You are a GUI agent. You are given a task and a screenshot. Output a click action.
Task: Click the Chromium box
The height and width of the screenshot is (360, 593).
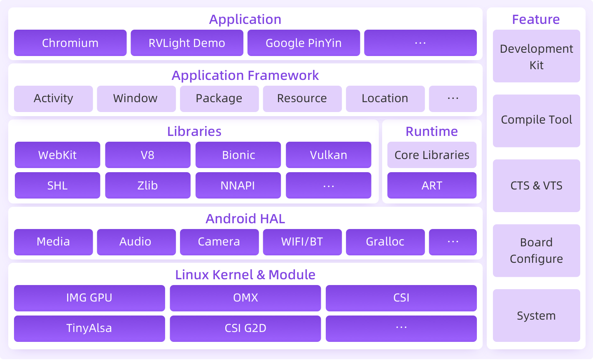pos(70,43)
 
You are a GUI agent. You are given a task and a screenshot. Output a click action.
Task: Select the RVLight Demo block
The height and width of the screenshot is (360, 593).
pos(187,43)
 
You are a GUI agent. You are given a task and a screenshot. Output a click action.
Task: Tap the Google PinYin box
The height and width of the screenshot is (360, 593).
pos(304,43)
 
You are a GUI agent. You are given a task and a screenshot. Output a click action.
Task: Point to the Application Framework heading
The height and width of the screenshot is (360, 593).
pos(245,75)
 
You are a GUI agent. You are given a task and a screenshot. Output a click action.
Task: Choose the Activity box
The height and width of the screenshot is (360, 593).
pos(54,98)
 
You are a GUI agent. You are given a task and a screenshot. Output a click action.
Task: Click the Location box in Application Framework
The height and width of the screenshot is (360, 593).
pos(385,98)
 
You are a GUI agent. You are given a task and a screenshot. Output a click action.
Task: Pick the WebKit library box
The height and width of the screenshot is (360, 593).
pos(57,155)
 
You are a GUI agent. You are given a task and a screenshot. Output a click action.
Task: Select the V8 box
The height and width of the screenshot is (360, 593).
pos(147,155)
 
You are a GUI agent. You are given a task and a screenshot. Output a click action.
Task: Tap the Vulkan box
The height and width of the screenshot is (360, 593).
pos(328,155)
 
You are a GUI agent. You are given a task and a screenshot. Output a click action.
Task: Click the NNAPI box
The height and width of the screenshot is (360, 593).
pos(238,185)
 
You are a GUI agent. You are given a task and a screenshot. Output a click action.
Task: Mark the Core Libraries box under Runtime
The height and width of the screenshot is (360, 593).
pos(432,155)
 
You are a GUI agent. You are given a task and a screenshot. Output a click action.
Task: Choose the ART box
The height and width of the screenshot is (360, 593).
pos(432,185)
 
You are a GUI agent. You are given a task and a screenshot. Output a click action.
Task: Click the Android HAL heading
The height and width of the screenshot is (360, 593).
pos(245,219)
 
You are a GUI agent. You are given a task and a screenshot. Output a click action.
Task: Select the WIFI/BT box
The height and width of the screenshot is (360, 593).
pos(302,242)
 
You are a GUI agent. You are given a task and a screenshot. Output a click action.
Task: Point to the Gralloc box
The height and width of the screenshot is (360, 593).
pos(385,242)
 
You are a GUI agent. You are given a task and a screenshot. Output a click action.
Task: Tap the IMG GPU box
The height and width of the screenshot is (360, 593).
pos(89,298)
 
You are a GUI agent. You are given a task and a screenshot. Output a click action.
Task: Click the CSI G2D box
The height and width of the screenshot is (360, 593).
pos(245,328)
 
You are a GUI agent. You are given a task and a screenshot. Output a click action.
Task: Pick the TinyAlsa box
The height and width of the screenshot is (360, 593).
pos(89,328)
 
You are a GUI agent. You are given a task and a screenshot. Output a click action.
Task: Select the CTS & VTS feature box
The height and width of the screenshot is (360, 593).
pos(536,186)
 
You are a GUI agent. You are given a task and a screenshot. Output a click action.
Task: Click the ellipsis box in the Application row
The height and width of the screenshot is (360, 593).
pos(420,43)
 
